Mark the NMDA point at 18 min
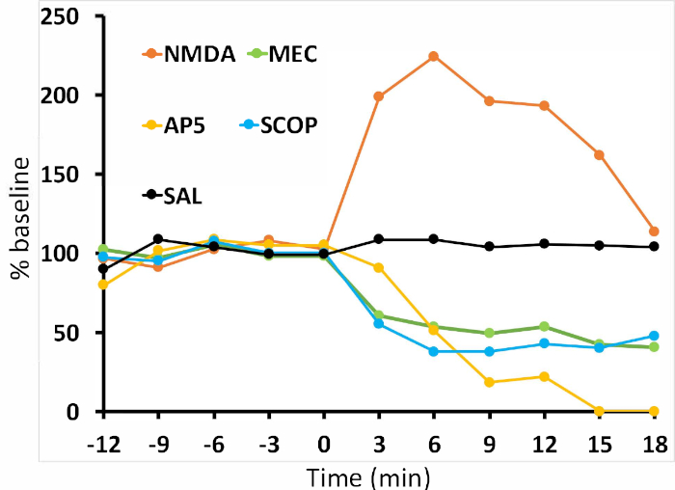654,231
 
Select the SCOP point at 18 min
654,337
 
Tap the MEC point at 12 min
544,326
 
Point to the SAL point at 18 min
654,247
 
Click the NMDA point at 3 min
379,96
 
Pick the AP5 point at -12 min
103,285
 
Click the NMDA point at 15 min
599,155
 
